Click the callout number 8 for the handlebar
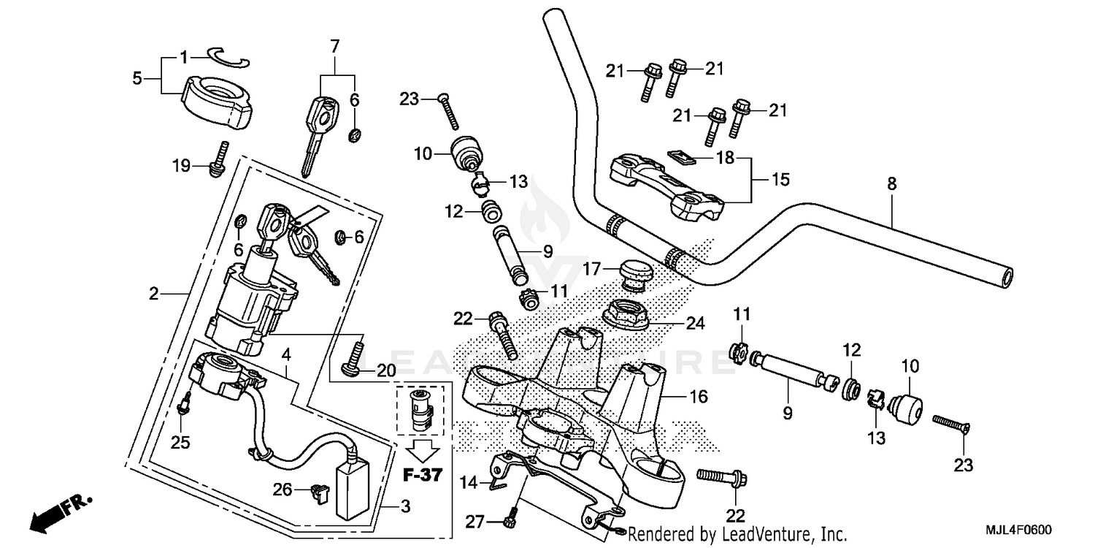(891, 185)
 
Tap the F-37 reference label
(423, 476)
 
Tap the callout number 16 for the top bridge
(698, 397)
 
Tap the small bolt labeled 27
(509, 520)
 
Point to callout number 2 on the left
(153, 294)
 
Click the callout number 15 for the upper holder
(780, 178)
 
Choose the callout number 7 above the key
(334, 47)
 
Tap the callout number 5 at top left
(137, 77)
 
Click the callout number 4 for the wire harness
(286, 354)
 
